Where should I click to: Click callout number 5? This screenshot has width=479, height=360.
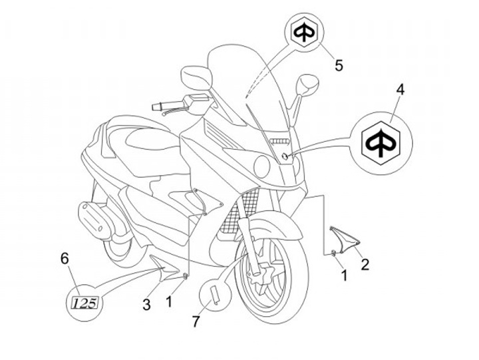pos(339,65)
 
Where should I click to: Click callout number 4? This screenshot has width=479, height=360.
pos(400,89)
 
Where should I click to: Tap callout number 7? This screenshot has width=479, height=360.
pos(196,321)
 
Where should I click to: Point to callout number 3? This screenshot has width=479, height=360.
pos(146,305)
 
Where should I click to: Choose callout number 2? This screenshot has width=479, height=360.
pos(365,264)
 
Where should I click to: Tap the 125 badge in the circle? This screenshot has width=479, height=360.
pos(85,303)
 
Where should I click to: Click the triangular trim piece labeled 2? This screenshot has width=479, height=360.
pos(345,238)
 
